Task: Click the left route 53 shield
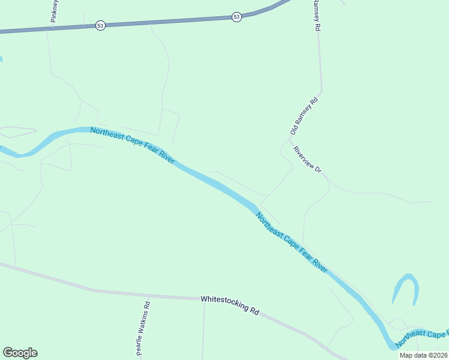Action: point(100,26)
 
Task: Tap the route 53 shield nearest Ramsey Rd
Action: point(237,17)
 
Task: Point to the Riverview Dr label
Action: point(308,160)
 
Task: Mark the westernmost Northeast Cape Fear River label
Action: point(133,146)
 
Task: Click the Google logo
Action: point(20,353)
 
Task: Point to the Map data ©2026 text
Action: point(423,355)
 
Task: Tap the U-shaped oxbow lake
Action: point(405,289)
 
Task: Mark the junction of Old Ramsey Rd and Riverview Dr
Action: point(290,140)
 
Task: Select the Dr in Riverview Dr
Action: point(319,170)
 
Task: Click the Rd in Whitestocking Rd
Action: point(255,311)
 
